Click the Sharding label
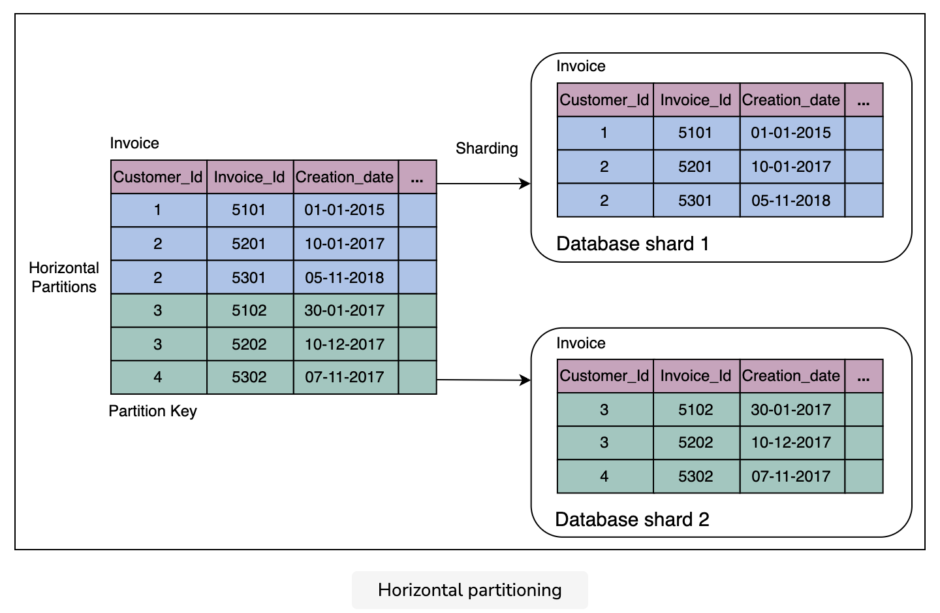[487, 149]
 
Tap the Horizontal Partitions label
[64, 277]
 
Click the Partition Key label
[153, 411]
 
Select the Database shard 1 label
[633, 244]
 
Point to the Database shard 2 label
[632, 520]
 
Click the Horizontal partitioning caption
[469, 590]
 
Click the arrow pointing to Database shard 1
[484, 184]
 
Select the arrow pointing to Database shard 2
[484, 380]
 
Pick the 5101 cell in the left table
[249, 210]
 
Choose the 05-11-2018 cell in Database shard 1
[791, 201]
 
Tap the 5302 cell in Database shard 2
[696, 476]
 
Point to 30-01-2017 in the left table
[345, 310]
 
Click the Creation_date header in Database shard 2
[791, 376]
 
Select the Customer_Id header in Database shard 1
[604, 100]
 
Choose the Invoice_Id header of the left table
[249, 177]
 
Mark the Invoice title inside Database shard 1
[581, 67]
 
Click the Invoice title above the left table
[134, 143]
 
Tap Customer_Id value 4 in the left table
[158, 377]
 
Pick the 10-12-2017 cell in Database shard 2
[791, 443]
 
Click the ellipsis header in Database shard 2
[864, 376]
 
